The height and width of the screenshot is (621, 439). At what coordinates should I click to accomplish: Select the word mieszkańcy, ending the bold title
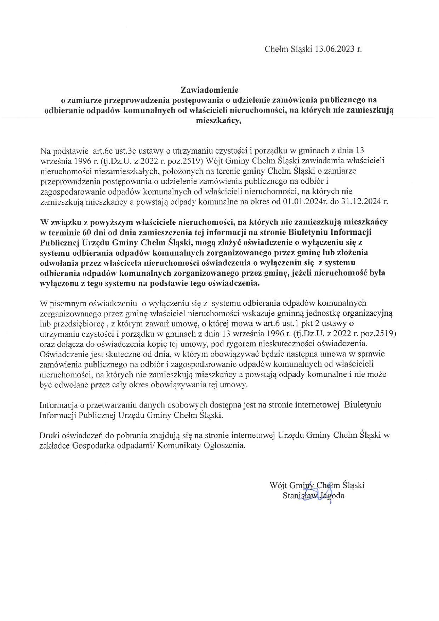[x=219, y=121]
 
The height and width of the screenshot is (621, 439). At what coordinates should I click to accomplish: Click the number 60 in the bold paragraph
[x=86, y=232]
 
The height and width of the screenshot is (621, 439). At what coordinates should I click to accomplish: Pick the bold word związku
[x=63, y=222]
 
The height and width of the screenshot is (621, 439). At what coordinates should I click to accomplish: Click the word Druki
[x=49, y=435]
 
